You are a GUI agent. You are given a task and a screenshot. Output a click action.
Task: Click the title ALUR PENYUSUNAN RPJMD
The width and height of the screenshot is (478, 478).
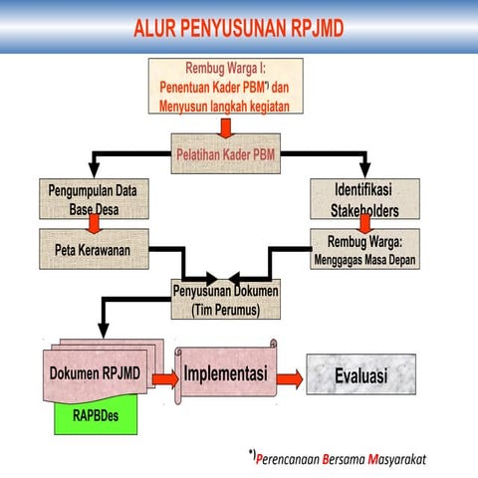click(238, 27)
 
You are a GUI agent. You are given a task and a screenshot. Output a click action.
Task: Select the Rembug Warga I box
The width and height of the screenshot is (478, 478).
click(225, 87)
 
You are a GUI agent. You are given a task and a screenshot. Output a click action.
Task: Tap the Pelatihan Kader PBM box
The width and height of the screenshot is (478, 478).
click(225, 155)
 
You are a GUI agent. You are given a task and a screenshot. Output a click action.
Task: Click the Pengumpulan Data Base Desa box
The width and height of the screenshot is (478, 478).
click(93, 199)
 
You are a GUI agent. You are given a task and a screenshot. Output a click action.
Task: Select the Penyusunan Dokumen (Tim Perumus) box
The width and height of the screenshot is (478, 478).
click(225, 300)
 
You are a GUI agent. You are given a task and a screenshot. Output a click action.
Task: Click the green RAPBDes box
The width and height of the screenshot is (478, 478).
click(95, 417)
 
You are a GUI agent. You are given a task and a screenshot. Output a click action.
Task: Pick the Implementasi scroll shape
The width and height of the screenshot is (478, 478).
click(226, 374)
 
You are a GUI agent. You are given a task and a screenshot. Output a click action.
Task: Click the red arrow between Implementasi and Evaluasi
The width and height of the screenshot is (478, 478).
click(289, 377)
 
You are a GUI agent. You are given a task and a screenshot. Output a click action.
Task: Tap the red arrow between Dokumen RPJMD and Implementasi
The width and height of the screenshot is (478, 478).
click(164, 377)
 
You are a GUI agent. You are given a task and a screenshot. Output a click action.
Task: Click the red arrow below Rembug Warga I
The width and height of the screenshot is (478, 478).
click(225, 125)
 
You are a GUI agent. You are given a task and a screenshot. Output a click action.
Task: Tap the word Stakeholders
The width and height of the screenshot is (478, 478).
click(364, 211)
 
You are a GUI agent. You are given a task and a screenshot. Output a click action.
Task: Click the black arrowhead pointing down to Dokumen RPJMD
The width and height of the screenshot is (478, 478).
click(101, 332)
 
